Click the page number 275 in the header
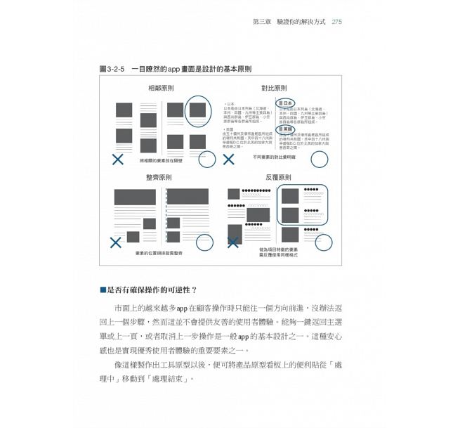(336, 22)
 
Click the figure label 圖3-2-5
(113, 69)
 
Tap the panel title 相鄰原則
(161, 88)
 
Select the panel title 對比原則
(274, 88)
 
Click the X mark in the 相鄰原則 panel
(118, 160)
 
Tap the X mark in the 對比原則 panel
(228, 160)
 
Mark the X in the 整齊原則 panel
(115, 242)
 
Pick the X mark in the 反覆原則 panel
(232, 242)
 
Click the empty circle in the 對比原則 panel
(320, 160)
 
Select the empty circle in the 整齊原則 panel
(204, 242)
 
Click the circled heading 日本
(284, 103)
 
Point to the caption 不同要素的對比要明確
(274, 157)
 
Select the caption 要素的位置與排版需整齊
(159, 253)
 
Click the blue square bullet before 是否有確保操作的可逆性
(103, 290)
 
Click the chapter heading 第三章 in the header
(263, 22)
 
